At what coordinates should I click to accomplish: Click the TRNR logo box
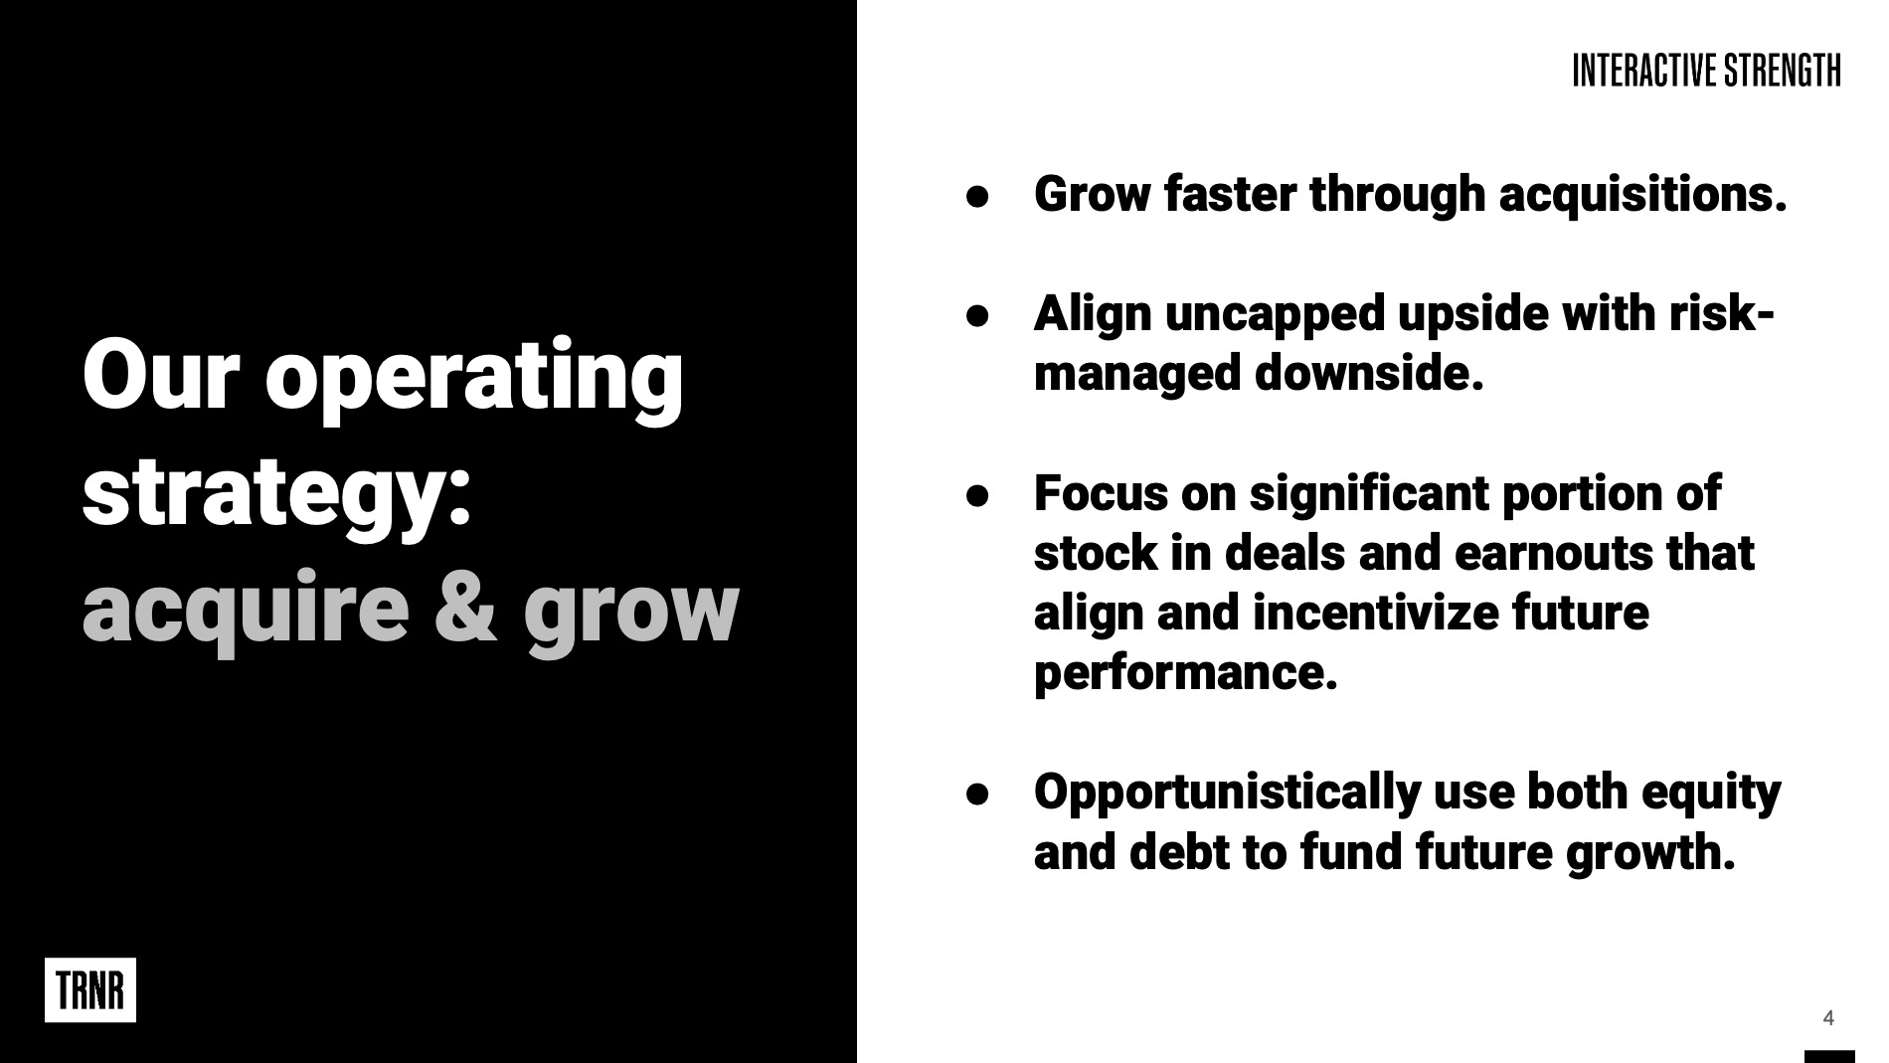point(90,989)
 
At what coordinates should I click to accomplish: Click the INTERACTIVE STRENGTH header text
point(1706,71)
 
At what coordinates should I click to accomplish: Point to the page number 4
point(1827,1017)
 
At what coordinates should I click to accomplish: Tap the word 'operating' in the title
point(474,379)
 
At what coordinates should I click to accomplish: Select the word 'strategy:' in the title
point(276,494)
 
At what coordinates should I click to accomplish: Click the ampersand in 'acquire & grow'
point(466,606)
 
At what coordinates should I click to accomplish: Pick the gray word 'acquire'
point(246,612)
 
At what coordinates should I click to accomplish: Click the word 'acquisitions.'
point(1642,195)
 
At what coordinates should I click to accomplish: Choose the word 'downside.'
point(1369,374)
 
